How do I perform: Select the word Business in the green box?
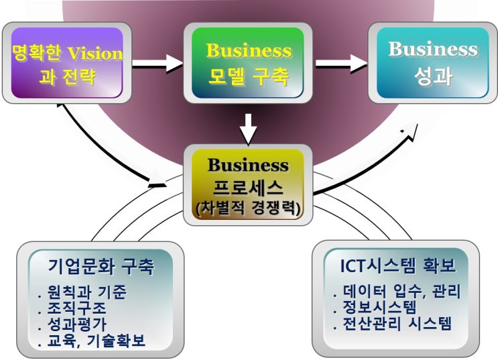[x=249, y=51]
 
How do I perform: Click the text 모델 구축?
[x=249, y=77]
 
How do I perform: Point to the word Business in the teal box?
[x=433, y=49]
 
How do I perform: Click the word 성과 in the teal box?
[x=433, y=76]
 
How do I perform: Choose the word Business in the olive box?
[x=248, y=165]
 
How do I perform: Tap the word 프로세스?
[x=248, y=187]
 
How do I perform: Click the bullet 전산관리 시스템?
[x=396, y=324]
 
